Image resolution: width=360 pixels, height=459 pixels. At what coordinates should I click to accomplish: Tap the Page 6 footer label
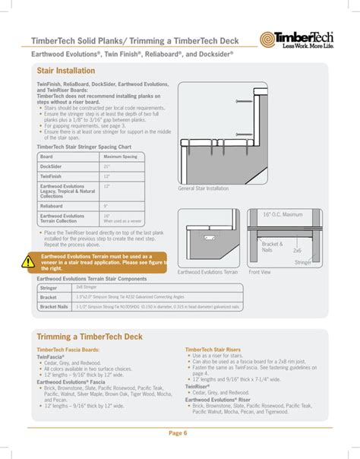pos(179,433)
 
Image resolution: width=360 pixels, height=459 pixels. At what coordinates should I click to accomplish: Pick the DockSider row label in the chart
pos(51,166)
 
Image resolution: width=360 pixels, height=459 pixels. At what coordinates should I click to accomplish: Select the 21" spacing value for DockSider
pos(107,166)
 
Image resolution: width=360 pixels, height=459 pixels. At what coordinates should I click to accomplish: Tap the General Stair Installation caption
pos(203,188)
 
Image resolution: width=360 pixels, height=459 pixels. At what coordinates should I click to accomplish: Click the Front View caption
pos(261,271)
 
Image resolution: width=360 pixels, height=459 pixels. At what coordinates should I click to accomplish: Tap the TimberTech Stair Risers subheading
pos(213,350)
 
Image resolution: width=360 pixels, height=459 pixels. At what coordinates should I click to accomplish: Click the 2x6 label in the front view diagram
pos(297,250)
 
